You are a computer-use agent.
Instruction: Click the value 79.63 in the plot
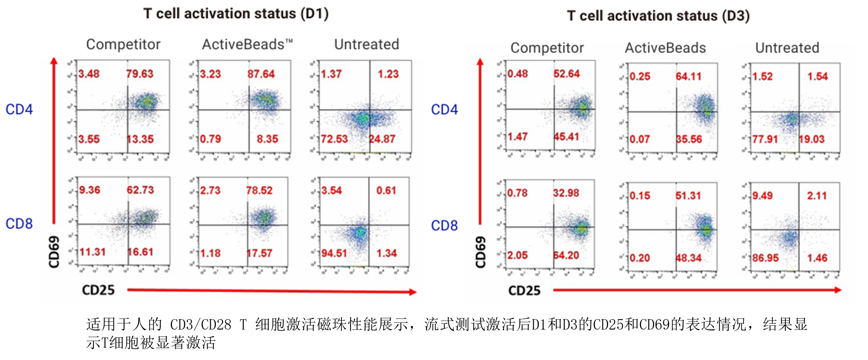140,74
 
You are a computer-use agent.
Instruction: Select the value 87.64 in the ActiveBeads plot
261,74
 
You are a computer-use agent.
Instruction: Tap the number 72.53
334,139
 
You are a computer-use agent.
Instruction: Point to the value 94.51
334,253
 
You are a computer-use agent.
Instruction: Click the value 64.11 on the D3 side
689,77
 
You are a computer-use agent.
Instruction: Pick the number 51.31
688,196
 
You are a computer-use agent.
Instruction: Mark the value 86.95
766,258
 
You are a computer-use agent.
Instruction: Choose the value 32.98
566,193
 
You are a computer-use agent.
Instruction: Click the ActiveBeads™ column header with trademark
248,45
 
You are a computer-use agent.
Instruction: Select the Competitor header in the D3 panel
547,48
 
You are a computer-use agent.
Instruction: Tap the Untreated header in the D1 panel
367,45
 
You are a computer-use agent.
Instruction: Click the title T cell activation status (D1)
236,14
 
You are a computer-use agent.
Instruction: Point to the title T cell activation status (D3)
658,16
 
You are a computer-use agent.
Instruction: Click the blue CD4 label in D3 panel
444,110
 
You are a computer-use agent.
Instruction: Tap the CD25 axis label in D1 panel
99,290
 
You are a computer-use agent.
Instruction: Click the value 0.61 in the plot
386,191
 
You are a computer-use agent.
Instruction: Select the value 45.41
566,137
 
